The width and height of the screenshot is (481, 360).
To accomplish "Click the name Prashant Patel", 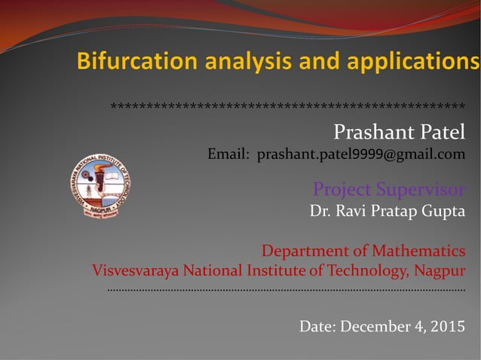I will [x=399, y=133].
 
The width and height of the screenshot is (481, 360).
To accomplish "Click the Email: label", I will [x=229, y=155].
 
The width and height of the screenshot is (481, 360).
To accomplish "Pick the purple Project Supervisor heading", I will [x=389, y=188].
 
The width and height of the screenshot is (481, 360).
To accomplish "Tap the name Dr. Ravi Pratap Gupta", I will [x=388, y=211].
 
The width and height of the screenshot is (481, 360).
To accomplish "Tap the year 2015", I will [x=448, y=327].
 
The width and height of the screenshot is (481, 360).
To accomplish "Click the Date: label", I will [x=318, y=327].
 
